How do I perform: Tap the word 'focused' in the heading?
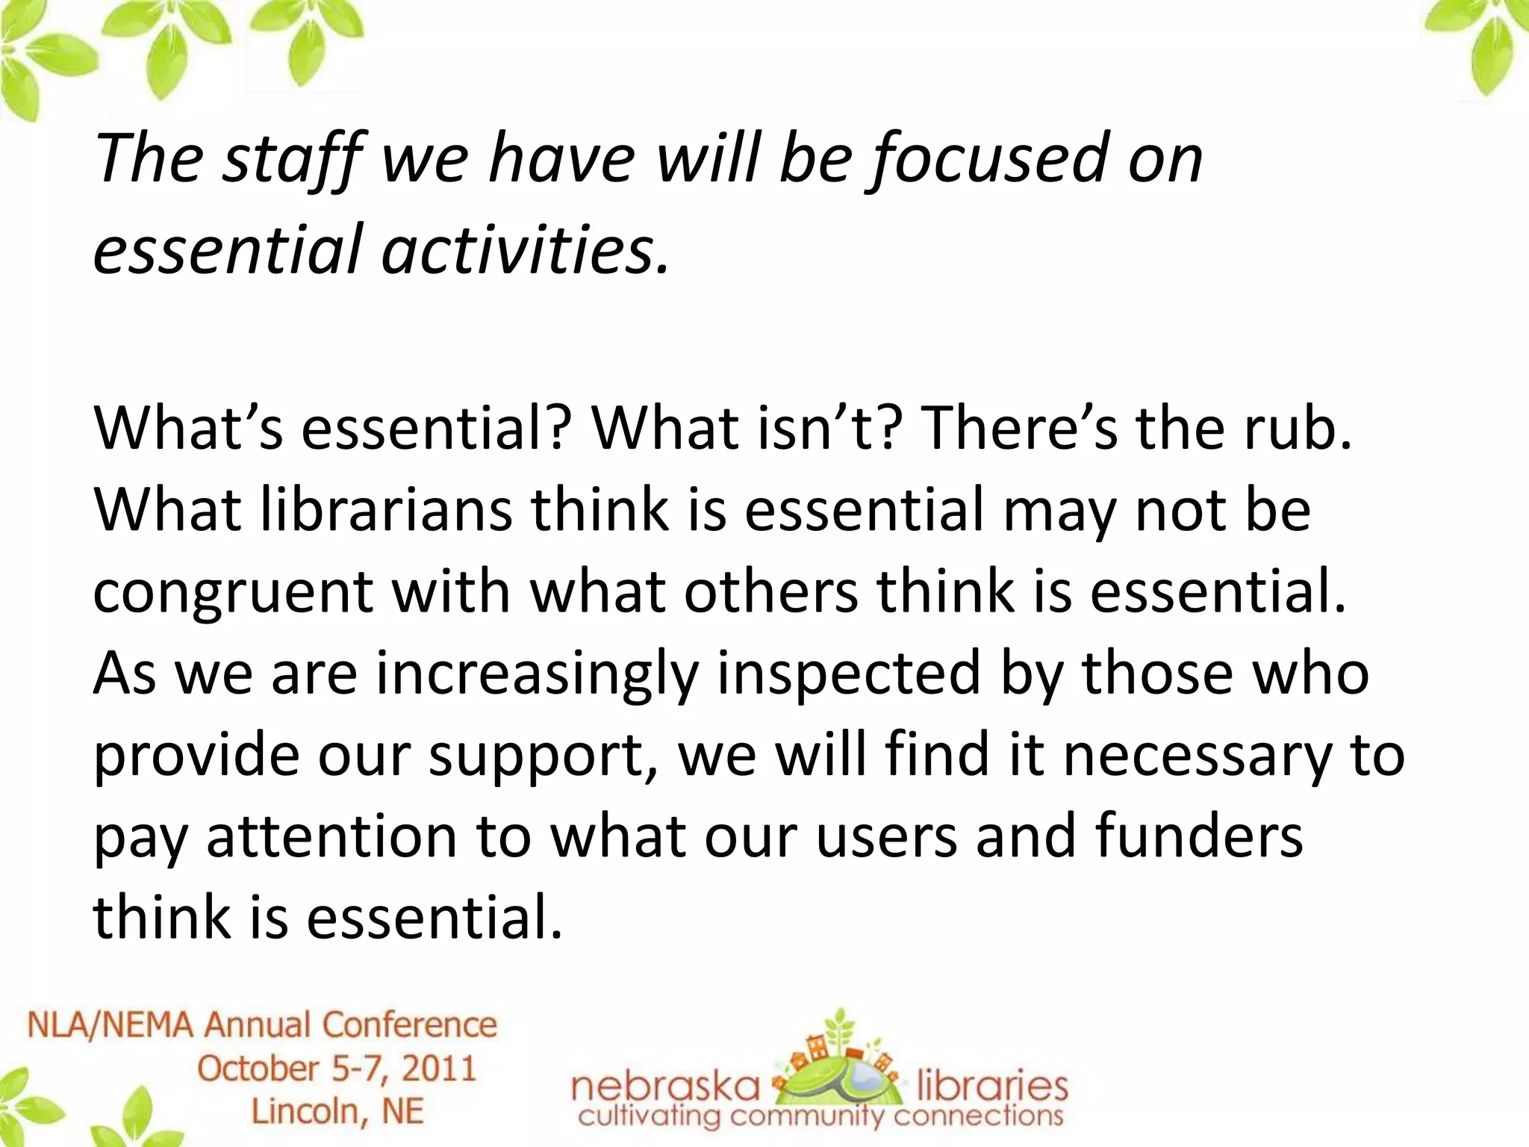pos(989,159)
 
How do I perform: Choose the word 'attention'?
pos(331,836)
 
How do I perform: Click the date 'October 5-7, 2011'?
pos(337,1069)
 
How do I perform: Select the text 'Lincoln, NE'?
pos(337,1111)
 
